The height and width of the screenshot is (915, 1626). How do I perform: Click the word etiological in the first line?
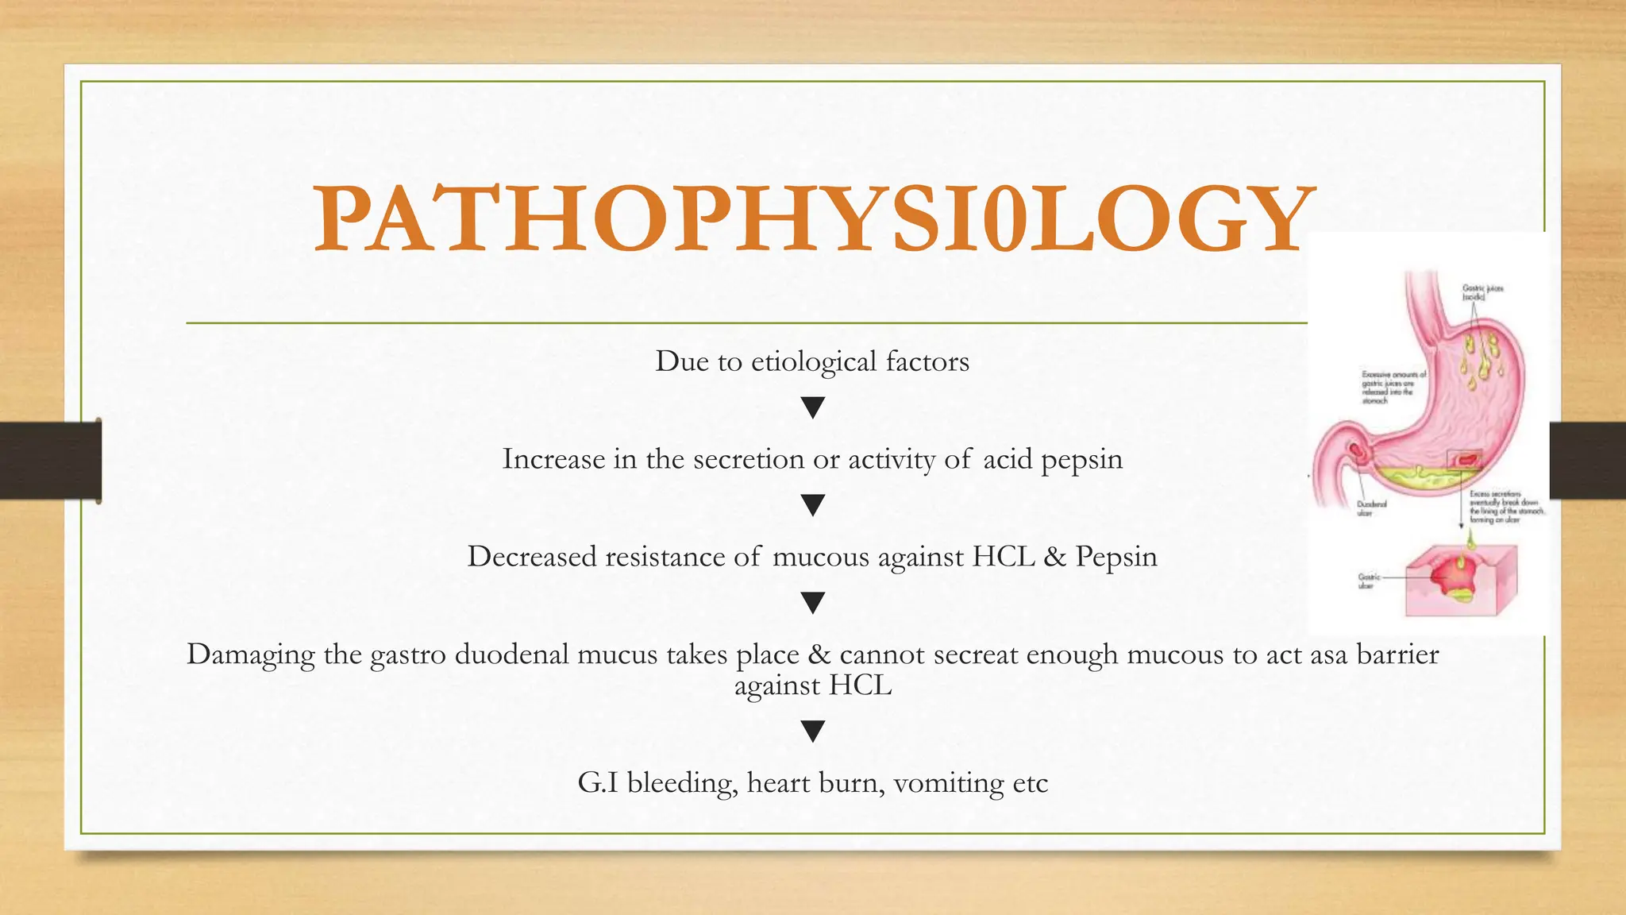click(x=814, y=361)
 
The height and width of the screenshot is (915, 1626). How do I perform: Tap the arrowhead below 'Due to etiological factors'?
click(x=813, y=408)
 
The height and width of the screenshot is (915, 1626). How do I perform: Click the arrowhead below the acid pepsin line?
click(x=813, y=506)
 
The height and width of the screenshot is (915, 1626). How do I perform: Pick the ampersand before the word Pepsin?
click(x=1055, y=557)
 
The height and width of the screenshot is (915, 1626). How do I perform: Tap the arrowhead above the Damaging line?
click(x=813, y=604)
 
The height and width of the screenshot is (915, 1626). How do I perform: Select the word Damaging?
click(x=250, y=655)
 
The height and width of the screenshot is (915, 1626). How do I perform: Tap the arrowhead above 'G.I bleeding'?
click(x=813, y=732)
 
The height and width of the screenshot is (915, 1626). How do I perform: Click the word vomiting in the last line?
click(x=949, y=784)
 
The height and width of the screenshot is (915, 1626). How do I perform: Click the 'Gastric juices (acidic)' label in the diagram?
click(x=1482, y=292)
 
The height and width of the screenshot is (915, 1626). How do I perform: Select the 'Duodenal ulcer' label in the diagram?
click(x=1371, y=508)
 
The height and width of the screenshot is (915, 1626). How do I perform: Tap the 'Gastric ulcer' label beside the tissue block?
click(x=1370, y=581)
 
